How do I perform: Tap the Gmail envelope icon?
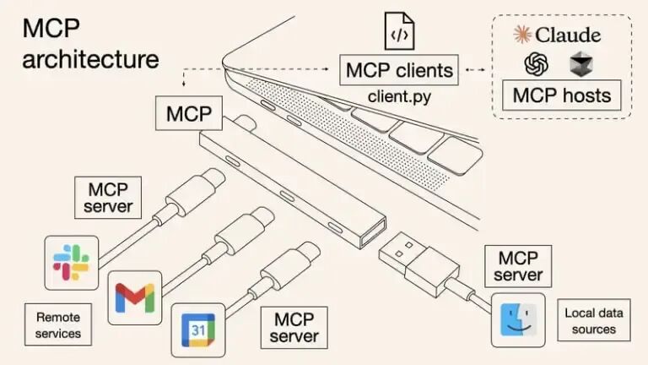135,296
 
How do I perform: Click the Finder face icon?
518,319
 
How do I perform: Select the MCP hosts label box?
561,95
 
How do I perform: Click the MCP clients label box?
399,69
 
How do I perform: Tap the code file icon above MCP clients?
399,30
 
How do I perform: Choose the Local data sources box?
593,320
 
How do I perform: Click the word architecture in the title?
90,60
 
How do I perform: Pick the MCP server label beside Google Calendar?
294,327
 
